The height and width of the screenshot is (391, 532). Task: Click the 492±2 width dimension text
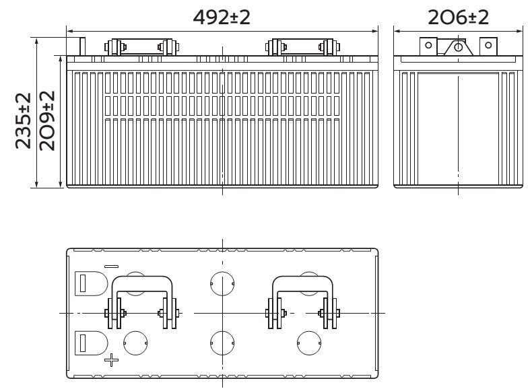pyautogui.click(x=222, y=17)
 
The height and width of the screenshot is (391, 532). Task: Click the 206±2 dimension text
pyautogui.click(x=458, y=17)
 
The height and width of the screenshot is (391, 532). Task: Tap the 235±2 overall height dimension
pyautogui.click(x=24, y=120)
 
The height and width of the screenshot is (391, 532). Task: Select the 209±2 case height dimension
pyautogui.click(x=47, y=120)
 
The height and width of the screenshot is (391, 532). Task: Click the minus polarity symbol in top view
pyautogui.click(x=111, y=266)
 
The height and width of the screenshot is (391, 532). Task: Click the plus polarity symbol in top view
pyautogui.click(x=111, y=360)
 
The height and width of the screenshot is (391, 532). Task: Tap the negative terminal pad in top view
pyautogui.click(x=91, y=283)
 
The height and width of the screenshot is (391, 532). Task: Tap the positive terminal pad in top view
pyautogui.click(x=91, y=343)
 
